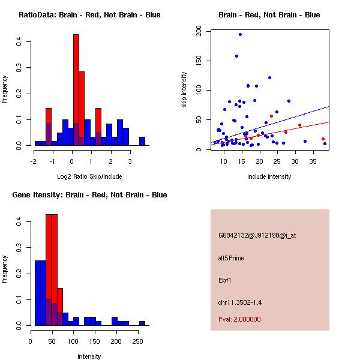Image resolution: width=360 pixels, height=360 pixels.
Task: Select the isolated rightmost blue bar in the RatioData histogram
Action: (142, 142)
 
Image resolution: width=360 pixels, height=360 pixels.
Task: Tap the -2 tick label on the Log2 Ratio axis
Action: (34, 161)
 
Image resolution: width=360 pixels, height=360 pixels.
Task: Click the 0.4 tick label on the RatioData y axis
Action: (19, 42)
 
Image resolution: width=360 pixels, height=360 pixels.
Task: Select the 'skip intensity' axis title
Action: (185, 90)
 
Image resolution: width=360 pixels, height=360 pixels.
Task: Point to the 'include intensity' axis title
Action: (269, 176)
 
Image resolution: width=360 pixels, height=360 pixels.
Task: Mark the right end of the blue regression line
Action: (329, 107)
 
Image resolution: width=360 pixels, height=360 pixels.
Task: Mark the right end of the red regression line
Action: (329, 122)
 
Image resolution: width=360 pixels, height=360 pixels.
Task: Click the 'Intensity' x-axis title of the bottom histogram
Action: (89, 356)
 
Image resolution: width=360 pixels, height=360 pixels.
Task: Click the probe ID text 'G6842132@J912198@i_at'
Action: (257, 235)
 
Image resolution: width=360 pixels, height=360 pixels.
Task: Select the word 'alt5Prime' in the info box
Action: (231, 258)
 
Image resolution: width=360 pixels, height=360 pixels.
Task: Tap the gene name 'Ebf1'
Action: (226, 280)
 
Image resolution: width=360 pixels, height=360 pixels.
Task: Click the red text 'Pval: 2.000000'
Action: (239, 319)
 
